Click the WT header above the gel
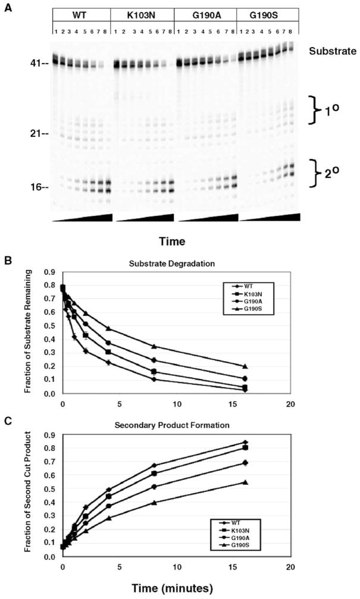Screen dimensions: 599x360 pos(80,14)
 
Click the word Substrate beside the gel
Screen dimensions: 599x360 pos(329,52)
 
